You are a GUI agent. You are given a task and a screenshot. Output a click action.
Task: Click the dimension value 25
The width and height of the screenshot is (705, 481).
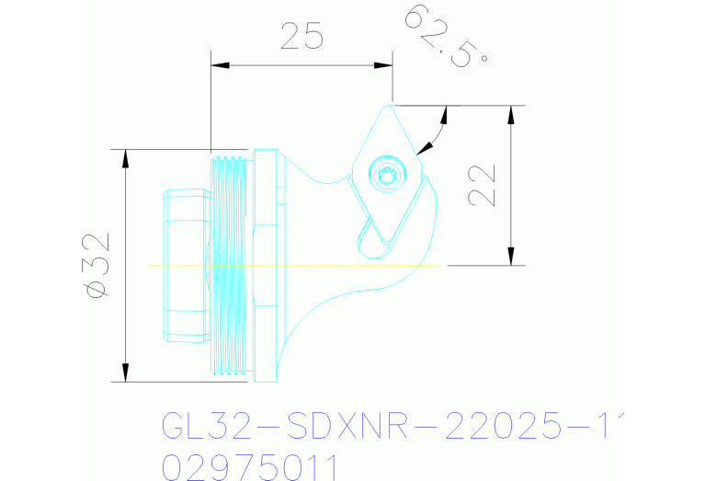tap(301, 36)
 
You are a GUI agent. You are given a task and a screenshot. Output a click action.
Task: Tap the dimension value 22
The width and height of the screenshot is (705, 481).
tap(482, 185)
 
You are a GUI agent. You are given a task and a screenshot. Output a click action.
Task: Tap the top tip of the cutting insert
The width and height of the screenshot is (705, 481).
tap(391, 106)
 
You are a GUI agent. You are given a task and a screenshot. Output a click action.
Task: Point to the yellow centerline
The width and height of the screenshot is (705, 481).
tap(294, 265)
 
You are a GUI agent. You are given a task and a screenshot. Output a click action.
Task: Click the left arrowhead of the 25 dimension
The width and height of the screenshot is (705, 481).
tap(219, 64)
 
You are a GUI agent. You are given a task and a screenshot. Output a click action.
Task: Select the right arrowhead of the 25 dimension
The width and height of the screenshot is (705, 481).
tap(385, 64)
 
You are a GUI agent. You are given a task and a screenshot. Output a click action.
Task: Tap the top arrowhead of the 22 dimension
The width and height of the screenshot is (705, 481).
tap(511, 113)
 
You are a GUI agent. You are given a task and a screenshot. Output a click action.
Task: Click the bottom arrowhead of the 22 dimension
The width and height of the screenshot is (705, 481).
tap(511, 258)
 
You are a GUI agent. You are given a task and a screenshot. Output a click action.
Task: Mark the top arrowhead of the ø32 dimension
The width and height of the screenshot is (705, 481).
tap(124, 156)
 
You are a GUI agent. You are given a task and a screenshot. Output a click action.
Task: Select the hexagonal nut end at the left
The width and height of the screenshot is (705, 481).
tap(188, 265)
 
